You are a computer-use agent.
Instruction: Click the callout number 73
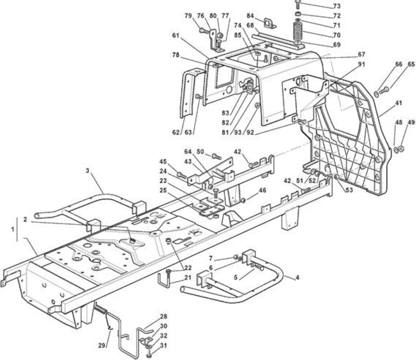pyautogui.click(x=336, y=6)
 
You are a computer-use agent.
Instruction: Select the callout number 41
pyautogui.click(x=398, y=103)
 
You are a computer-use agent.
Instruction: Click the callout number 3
pyautogui.click(x=87, y=171)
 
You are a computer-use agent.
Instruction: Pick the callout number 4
pyautogui.click(x=298, y=278)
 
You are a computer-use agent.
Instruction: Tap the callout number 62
pyautogui.click(x=176, y=132)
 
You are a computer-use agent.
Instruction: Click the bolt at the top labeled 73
pyautogui.click(x=298, y=4)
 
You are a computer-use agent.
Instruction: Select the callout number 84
pyautogui.click(x=250, y=16)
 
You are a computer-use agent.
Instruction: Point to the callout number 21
pyautogui.click(x=188, y=277)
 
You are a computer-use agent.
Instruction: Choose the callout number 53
pyautogui.click(x=350, y=190)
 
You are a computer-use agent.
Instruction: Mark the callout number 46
pyautogui.click(x=262, y=190)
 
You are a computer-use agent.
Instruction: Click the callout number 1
pyautogui.click(x=13, y=229)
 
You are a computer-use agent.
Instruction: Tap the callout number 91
pyautogui.click(x=362, y=64)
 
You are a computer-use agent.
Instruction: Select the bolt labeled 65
pyautogui.click(x=384, y=91)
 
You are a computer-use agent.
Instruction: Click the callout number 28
pyautogui.click(x=164, y=316)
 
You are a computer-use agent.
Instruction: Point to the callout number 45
pyautogui.click(x=163, y=162)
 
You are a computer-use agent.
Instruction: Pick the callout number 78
pyautogui.click(x=176, y=55)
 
